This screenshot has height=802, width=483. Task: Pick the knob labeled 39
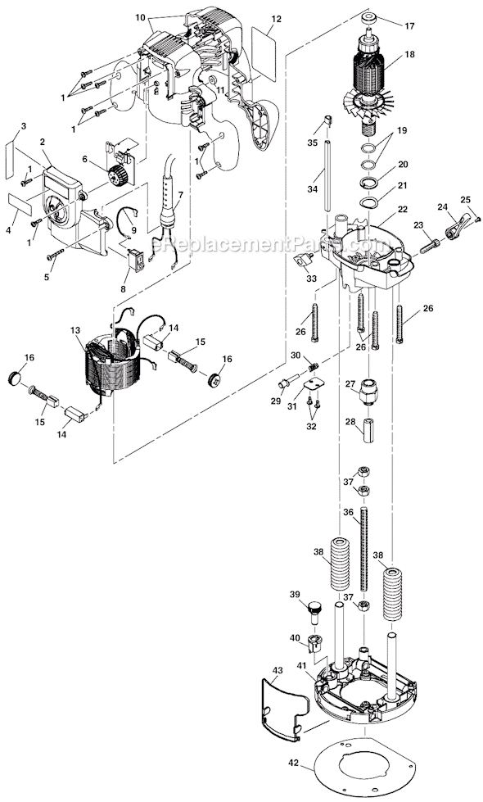tap(315, 610)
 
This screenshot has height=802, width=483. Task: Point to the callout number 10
tap(139, 16)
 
